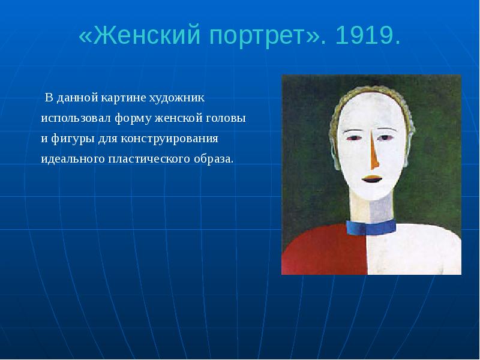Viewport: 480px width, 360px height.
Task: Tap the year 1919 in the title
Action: (x=367, y=37)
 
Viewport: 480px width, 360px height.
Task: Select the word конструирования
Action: (x=167, y=139)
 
